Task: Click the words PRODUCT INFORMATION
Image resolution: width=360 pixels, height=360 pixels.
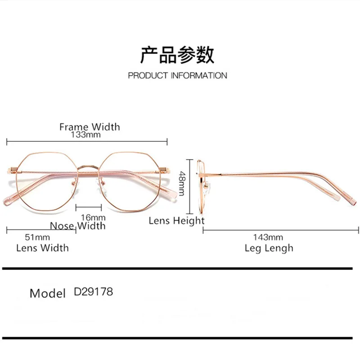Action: click(177, 76)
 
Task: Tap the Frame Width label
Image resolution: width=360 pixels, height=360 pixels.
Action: click(90, 126)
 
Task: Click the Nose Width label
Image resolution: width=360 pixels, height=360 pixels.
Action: click(77, 225)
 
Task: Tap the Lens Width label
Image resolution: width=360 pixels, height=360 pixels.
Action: click(42, 247)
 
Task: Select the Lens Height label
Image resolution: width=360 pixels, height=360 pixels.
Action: click(176, 221)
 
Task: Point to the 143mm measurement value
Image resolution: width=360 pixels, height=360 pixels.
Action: click(268, 237)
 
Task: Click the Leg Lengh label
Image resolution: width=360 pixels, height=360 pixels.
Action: click(269, 247)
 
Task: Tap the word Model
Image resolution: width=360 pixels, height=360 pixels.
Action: click(48, 294)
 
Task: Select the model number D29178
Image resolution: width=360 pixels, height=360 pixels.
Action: click(93, 292)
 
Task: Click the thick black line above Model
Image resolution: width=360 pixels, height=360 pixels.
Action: click(180, 269)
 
